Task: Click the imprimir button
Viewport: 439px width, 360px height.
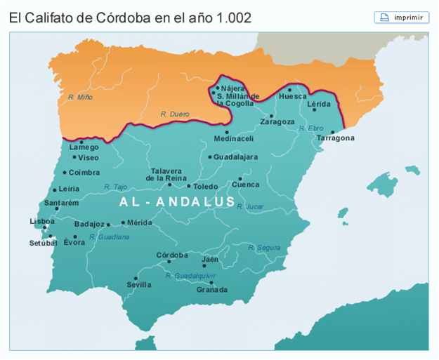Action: (x=402, y=18)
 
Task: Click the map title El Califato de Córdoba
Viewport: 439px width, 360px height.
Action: (x=131, y=17)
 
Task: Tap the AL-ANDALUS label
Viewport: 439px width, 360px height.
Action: (x=177, y=202)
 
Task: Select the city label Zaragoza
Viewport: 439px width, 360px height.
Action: (x=277, y=121)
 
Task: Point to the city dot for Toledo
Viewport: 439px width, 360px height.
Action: (x=188, y=186)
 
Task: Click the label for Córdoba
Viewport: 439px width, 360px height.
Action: (x=171, y=255)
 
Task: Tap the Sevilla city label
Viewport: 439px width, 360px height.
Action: (x=138, y=285)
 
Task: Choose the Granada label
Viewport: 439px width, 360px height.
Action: (x=211, y=290)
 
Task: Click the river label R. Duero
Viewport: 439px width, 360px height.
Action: (x=175, y=113)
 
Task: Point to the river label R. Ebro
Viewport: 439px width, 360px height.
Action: (x=310, y=128)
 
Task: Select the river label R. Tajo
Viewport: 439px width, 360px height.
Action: (x=115, y=187)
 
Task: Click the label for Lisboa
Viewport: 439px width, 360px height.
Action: (x=42, y=221)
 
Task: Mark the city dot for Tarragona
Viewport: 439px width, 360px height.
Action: (x=332, y=131)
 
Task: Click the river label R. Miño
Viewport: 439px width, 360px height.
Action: (x=80, y=97)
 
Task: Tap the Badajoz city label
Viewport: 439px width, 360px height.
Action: (x=89, y=225)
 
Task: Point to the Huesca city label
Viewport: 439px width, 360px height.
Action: (x=293, y=96)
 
